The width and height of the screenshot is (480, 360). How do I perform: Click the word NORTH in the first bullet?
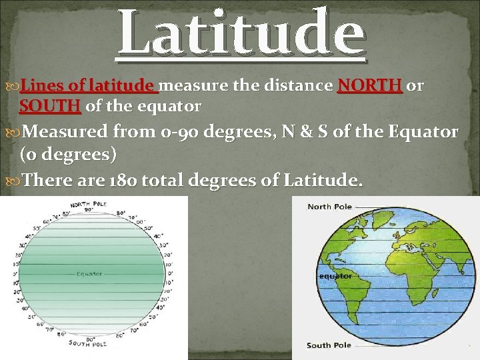(x=370, y=86)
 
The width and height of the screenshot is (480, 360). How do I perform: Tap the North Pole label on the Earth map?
(x=329, y=207)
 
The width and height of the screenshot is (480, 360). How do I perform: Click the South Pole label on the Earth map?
(x=329, y=345)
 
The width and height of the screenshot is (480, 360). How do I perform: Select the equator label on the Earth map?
(x=335, y=276)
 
